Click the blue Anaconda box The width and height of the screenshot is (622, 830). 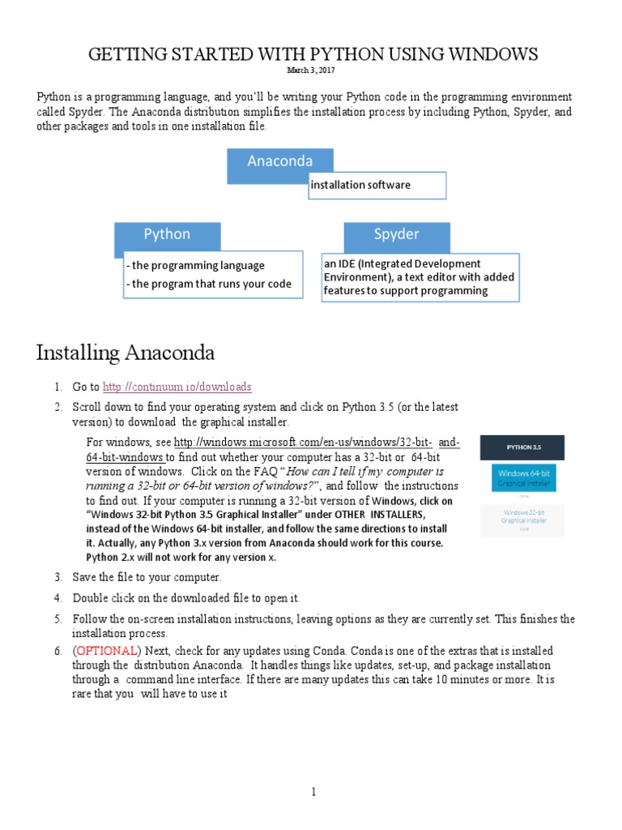pos(280,161)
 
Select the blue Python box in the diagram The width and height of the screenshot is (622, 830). pos(167,235)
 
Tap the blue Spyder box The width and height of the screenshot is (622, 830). pos(397,235)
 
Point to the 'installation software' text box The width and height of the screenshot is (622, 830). pos(377,185)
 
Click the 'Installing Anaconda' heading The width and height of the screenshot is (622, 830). pos(125,353)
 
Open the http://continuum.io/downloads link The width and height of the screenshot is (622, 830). pos(177,387)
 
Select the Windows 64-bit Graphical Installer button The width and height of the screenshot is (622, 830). pos(522,477)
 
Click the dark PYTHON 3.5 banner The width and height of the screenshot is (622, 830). pos(522,447)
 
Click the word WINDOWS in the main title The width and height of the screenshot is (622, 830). pos(488,54)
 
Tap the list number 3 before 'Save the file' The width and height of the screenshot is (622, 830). pos(58,577)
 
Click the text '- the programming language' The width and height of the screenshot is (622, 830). pos(196,265)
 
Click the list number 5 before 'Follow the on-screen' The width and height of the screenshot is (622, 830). pos(58,619)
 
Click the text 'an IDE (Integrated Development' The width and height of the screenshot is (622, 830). pos(403,263)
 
